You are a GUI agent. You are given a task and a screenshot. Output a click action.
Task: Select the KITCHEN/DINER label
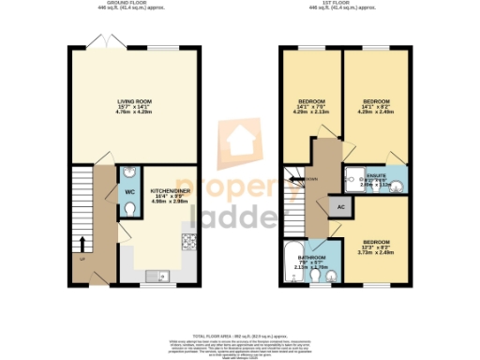tap(170, 194)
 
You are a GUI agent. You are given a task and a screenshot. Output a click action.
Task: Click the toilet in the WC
tap(130, 209)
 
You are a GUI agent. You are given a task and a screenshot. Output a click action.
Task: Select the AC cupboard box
tap(340, 204)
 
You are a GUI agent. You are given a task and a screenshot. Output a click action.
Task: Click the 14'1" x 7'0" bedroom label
tap(312, 105)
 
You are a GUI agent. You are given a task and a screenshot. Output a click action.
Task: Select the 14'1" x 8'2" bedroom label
tap(376, 105)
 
